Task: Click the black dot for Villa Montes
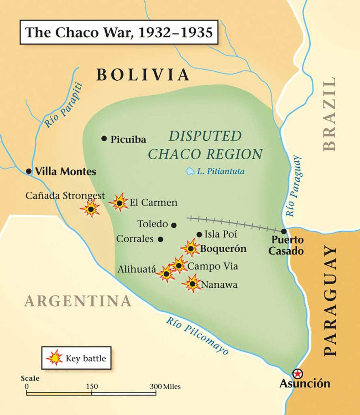(29, 171)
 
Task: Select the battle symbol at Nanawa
(193, 284)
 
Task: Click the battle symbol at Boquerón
(191, 248)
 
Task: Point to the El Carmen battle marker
(119, 202)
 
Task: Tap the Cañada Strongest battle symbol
(91, 209)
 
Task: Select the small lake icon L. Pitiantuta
(190, 172)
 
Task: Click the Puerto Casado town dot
(284, 231)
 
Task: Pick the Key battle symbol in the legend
(55, 358)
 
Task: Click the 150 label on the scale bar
(92, 386)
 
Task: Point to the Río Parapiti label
(63, 105)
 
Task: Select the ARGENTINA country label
(78, 301)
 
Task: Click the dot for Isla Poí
(199, 234)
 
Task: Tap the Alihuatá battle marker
(166, 274)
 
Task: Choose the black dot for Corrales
(161, 239)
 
